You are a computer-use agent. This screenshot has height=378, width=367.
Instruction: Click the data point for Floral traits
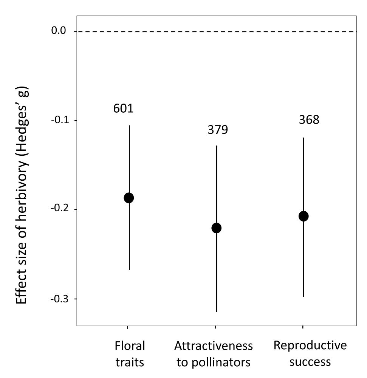click(x=129, y=198)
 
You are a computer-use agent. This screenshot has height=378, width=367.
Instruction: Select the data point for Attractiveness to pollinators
click(x=217, y=228)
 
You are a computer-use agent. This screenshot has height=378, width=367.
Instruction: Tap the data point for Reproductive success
click(x=304, y=216)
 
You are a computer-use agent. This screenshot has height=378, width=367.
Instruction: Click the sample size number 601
click(x=124, y=108)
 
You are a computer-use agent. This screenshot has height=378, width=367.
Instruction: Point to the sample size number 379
click(x=218, y=130)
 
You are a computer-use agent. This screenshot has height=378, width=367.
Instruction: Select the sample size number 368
click(x=309, y=120)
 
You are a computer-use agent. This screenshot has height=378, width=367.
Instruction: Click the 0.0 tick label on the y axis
click(x=59, y=31)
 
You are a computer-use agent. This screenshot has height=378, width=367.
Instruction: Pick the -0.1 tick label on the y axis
click(x=58, y=120)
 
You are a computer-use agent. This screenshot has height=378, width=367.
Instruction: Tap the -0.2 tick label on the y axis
click(x=58, y=209)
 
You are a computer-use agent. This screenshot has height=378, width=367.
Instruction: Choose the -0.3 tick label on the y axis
click(x=58, y=299)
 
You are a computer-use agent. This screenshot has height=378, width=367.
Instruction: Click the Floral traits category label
click(x=130, y=354)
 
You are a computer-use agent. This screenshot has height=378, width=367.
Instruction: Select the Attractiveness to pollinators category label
click(x=214, y=354)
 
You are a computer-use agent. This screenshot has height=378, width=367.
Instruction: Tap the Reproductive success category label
click(x=310, y=353)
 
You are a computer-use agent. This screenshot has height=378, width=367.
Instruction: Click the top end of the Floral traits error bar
click(x=129, y=125)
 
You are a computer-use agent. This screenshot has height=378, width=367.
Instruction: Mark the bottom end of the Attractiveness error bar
click(x=217, y=311)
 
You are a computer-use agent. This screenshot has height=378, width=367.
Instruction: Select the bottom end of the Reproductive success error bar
click(x=304, y=296)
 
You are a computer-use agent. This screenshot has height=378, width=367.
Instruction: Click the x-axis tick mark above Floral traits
click(x=127, y=328)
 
